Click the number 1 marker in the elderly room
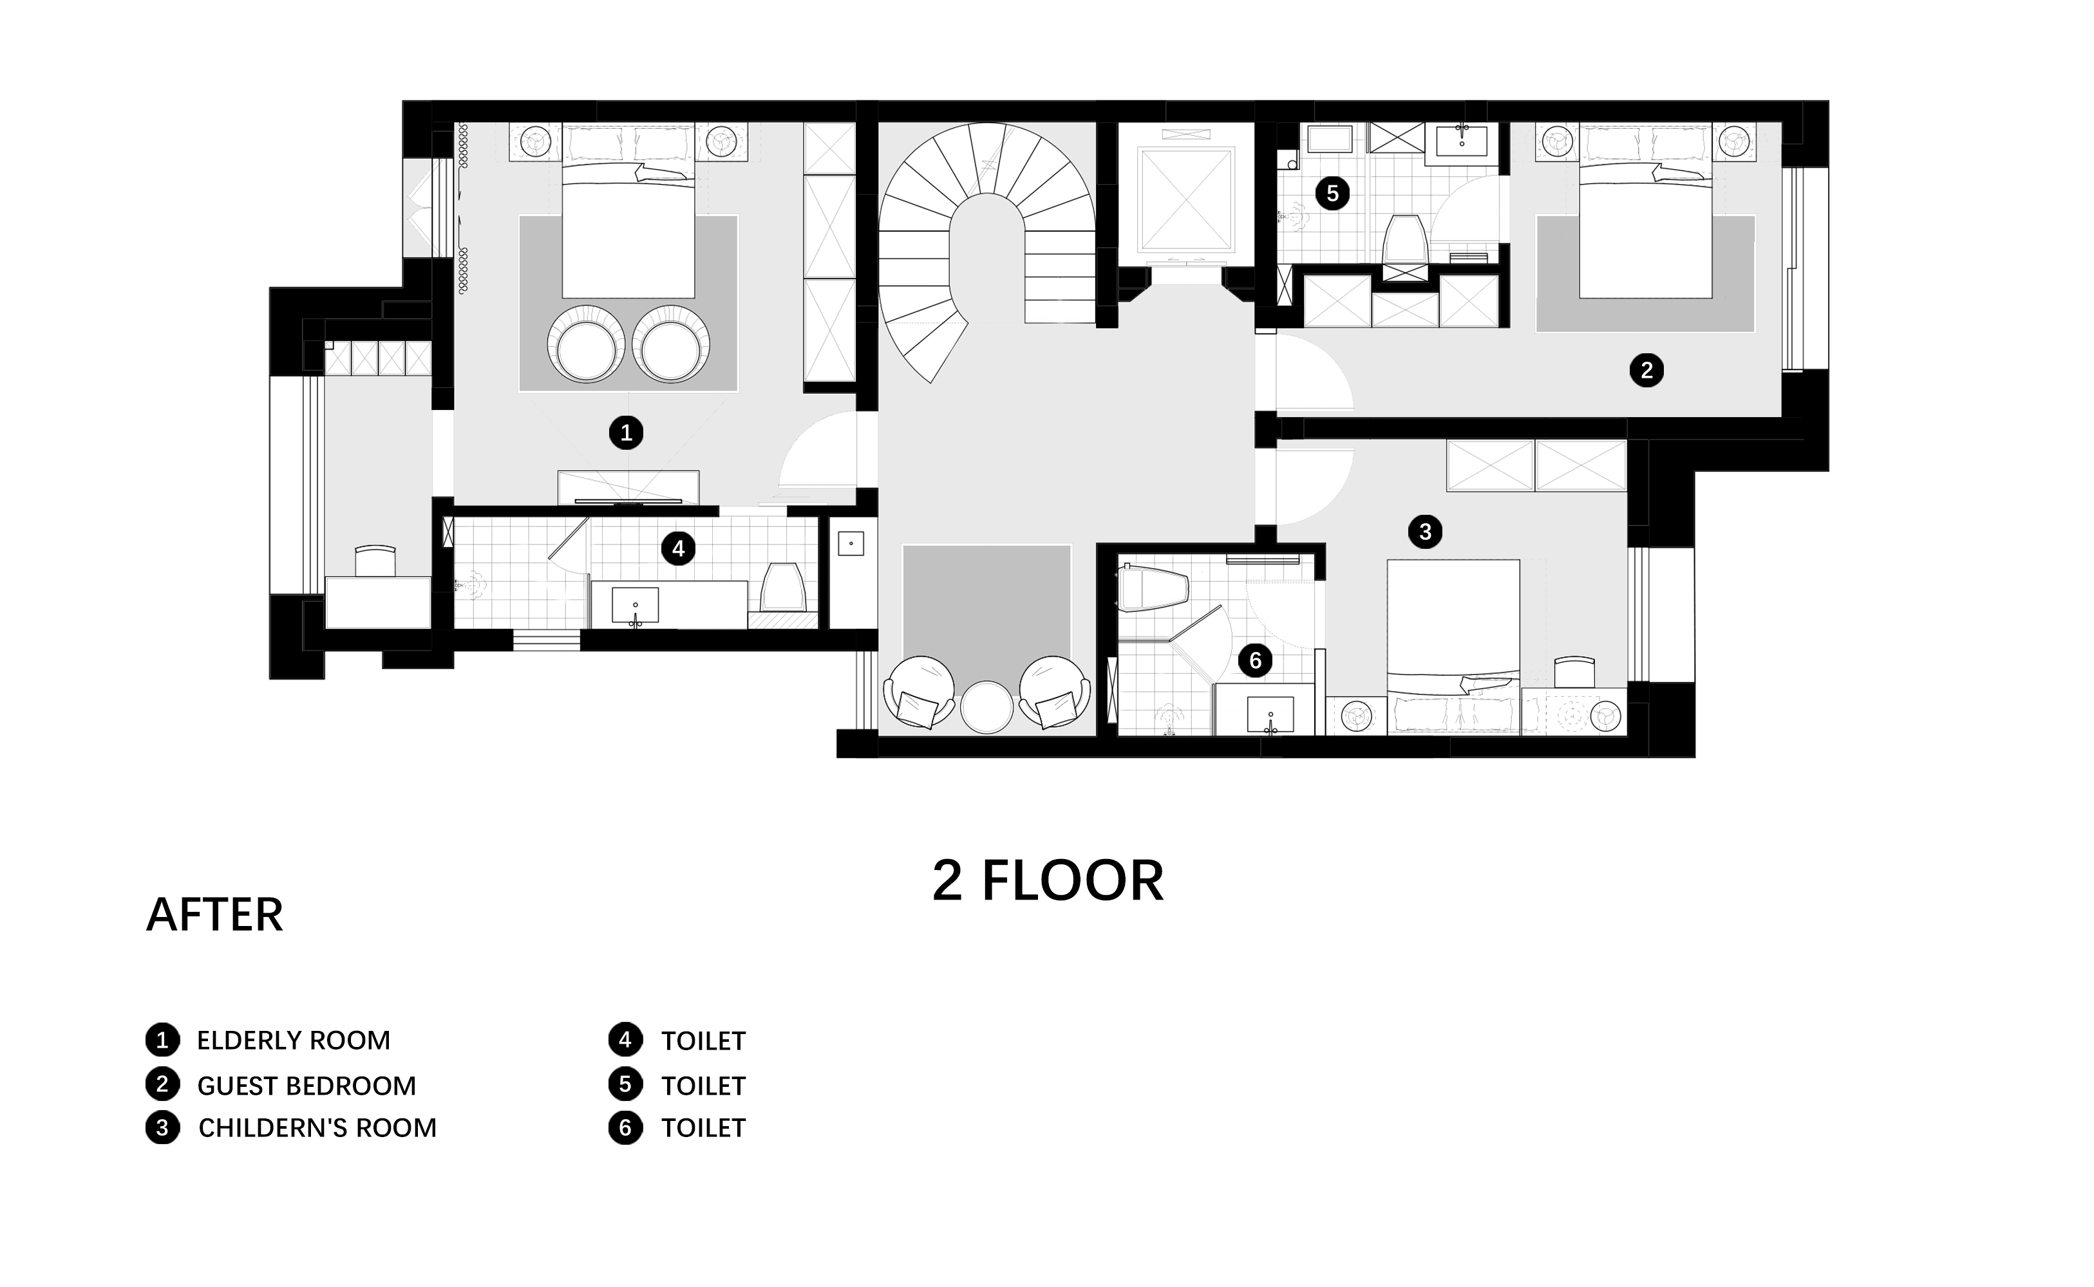626,433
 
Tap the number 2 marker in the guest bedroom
1646,370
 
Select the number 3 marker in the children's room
1426,532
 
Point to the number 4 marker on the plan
679,548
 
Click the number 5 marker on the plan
1333,193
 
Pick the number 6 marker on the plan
1255,660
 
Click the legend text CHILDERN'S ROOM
317,1128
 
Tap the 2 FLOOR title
1048,881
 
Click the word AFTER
214,915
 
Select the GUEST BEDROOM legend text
307,1086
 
